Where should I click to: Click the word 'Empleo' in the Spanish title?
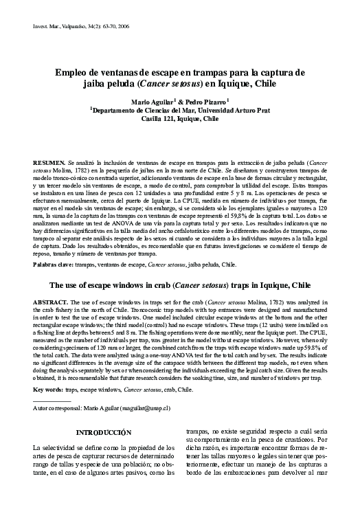pos(74,72)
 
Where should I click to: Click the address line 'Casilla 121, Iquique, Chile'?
pos(180,118)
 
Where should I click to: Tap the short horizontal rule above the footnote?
pos(52,401)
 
